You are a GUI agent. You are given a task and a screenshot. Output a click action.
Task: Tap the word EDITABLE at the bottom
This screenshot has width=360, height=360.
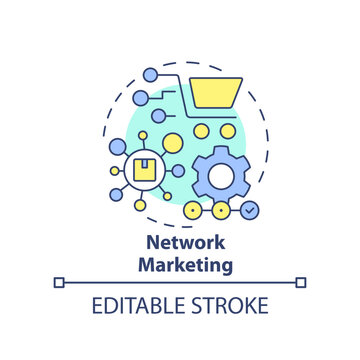pyautogui.click(x=136, y=306)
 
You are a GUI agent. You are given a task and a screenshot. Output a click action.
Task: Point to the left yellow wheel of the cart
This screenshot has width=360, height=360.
pyautogui.click(x=201, y=131)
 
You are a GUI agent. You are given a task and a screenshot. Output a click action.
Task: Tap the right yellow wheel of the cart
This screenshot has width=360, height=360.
pyautogui.click(x=229, y=131)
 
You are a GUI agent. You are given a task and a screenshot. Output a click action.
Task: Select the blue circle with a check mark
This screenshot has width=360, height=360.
pyautogui.click(x=250, y=211)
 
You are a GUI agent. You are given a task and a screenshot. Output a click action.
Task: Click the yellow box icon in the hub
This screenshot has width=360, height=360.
pyautogui.click(x=143, y=170)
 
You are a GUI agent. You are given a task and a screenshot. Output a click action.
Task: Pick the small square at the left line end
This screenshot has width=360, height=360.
pyautogui.click(x=59, y=283)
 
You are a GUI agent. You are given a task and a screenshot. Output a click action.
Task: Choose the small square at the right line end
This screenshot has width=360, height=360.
pyautogui.click(x=301, y=283)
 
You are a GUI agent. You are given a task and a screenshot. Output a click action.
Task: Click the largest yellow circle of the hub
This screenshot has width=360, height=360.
pyautogui.click(x=172, y=144)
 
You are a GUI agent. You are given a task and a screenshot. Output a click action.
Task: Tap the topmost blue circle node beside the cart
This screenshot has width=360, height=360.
pyautogui.click(x=151, y=75)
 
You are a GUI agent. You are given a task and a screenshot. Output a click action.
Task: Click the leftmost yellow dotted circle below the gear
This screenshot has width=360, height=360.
pyautogui.click(x=192, y=211)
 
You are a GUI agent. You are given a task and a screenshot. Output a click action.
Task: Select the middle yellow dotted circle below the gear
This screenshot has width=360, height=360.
pyautogui.click(x=220, y=211)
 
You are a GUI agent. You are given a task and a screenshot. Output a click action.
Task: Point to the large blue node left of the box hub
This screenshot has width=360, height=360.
pyautogui.click(x=116, y=148)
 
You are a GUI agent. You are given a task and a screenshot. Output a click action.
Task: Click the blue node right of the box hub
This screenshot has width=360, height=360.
pyautogui.click(x=178, y=171)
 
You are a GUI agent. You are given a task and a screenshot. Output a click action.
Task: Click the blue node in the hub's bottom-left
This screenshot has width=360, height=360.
pyautogui.click(x=116, y=194)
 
